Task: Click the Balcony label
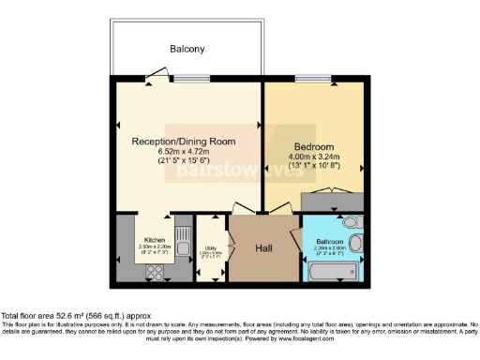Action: tap(187, 48)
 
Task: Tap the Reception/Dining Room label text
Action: tap(182, 141)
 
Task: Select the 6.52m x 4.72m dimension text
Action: tap(182, 151)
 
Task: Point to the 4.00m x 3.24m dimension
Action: tap(313, 157)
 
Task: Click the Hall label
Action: tap(263, 247)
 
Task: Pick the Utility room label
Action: tap(211, 248)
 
